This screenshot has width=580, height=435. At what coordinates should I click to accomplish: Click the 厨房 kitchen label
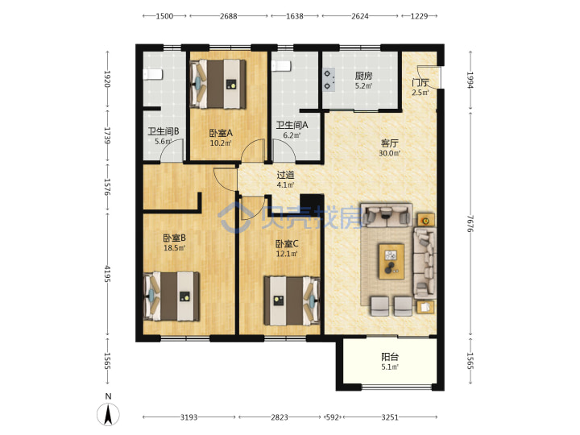pos(363,76)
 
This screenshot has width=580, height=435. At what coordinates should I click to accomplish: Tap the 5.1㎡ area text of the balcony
pos(390,367)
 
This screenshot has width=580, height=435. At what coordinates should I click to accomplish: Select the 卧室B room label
pos(174,238)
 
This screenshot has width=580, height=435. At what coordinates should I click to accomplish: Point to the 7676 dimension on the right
pos(470,223)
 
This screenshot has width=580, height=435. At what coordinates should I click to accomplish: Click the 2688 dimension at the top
pos(228,16)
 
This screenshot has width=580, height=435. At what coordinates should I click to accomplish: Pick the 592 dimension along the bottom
pos(332,417)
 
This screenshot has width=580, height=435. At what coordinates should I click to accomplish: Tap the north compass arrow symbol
pos(108,415)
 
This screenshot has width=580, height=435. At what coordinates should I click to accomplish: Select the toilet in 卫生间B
pos(152,74)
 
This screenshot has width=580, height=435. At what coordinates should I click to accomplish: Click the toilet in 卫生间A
pos(281,66)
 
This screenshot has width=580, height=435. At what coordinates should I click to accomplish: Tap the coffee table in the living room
pos(391,261)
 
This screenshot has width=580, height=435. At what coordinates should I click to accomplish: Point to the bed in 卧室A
pos(217,85)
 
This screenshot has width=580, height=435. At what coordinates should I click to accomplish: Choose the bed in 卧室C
pos(292,300)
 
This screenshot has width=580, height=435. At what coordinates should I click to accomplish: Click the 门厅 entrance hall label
pos(420,82)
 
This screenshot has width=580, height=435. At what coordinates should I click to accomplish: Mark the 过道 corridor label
pos(285,174)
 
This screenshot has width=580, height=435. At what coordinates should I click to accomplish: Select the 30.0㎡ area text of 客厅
pos(390,153)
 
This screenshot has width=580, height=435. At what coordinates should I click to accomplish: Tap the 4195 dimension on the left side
pos(107,274)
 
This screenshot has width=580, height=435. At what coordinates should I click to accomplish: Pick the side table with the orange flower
pos(426,221)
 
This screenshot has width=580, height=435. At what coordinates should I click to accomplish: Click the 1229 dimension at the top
pos(419,16)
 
